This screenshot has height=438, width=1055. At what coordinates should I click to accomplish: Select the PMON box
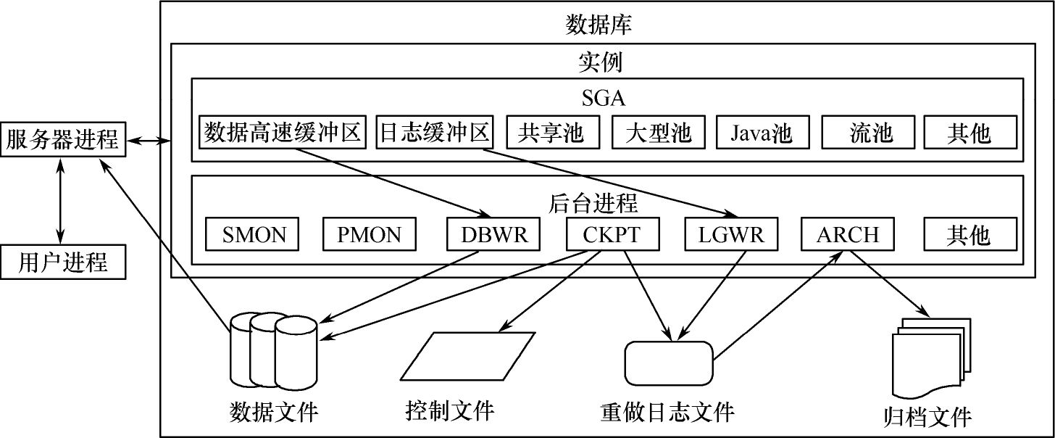coord(369,234)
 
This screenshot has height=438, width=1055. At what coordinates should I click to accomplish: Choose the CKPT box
coord(612,234)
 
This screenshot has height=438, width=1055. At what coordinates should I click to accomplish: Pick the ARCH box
coord(848,234)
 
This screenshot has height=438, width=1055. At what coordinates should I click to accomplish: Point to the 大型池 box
coord(657,133)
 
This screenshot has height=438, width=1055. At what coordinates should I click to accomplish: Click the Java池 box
coord(761,133)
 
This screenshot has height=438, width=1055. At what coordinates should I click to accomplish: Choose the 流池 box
coord(870,133)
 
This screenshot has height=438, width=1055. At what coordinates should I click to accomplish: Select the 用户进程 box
coord(62,262)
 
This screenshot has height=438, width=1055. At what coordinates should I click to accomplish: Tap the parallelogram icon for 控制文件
coord(467,355)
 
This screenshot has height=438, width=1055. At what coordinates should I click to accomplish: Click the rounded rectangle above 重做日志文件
coord(668,363)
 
